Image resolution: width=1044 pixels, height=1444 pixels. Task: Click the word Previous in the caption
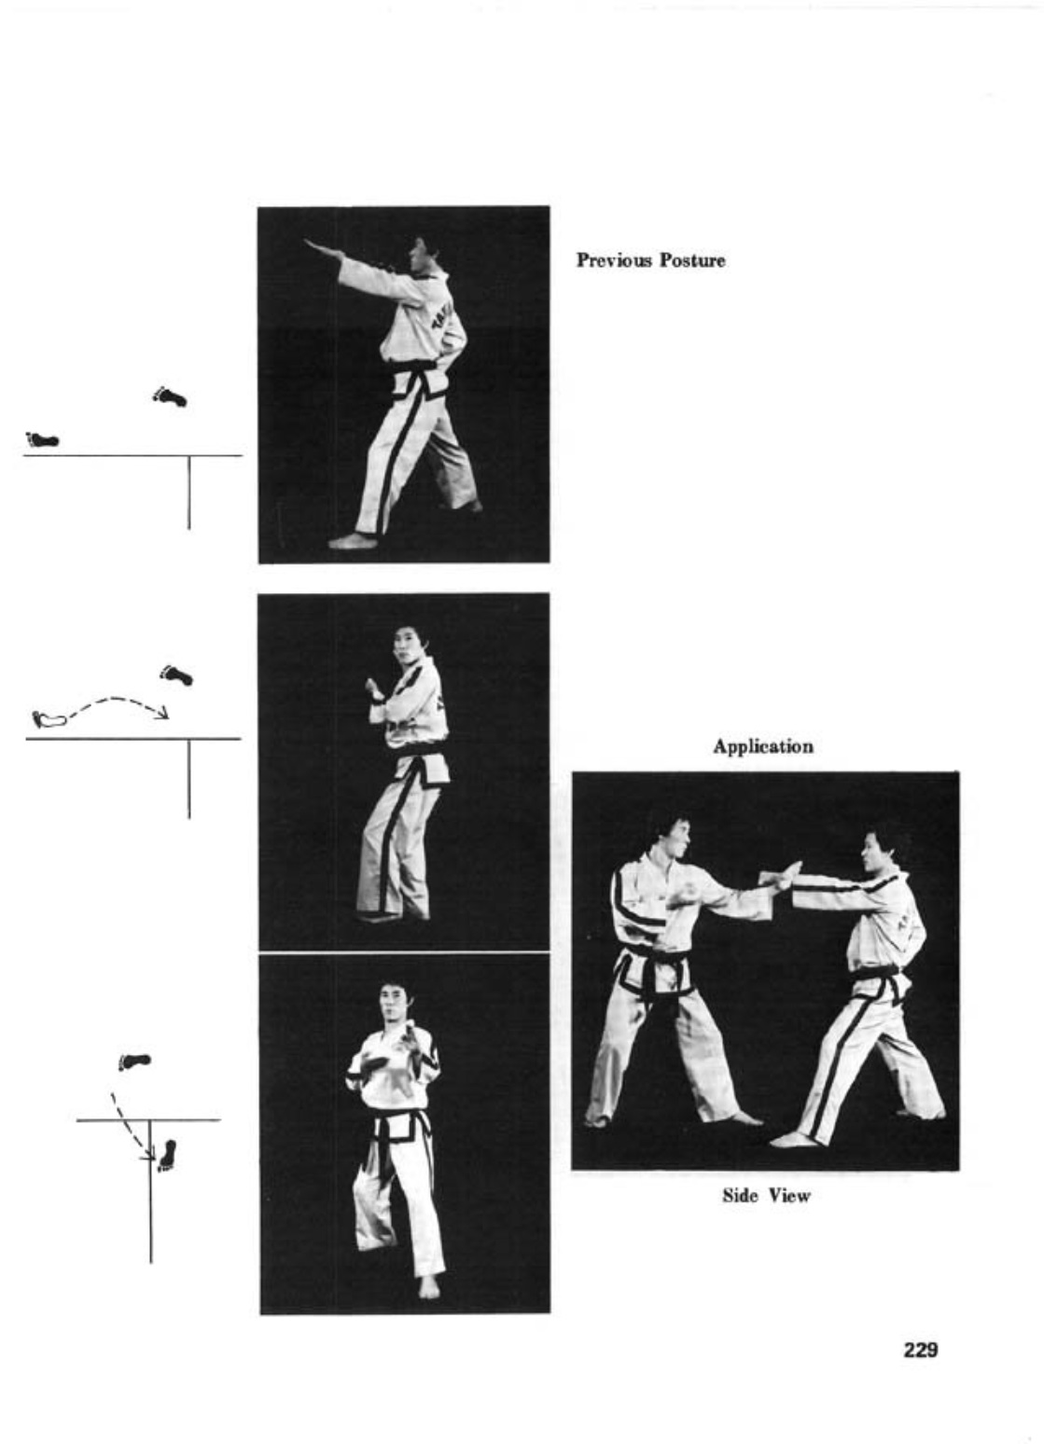[614, 260]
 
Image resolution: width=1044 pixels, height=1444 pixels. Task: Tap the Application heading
[763, 746]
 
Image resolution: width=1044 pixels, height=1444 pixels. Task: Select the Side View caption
[766, 1196]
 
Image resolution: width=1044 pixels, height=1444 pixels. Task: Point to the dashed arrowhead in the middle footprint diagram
[161, 714]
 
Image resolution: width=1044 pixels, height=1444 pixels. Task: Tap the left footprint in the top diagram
[43, 439]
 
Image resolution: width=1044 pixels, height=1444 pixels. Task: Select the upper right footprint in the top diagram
[170, 396]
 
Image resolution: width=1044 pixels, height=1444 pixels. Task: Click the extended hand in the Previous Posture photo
[317, 246]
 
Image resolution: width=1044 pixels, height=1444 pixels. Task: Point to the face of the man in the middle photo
[404, 646]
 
